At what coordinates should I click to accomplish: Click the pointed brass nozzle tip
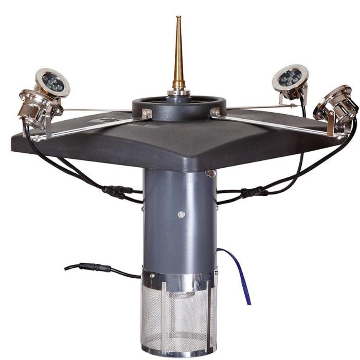pos(178,23)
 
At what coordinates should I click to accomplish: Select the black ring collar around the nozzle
pos(154,106)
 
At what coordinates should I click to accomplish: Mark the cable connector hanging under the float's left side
pos(117,191)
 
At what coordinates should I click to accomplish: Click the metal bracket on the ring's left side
pos(147,114)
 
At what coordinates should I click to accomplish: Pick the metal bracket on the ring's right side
pos(215,112)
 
